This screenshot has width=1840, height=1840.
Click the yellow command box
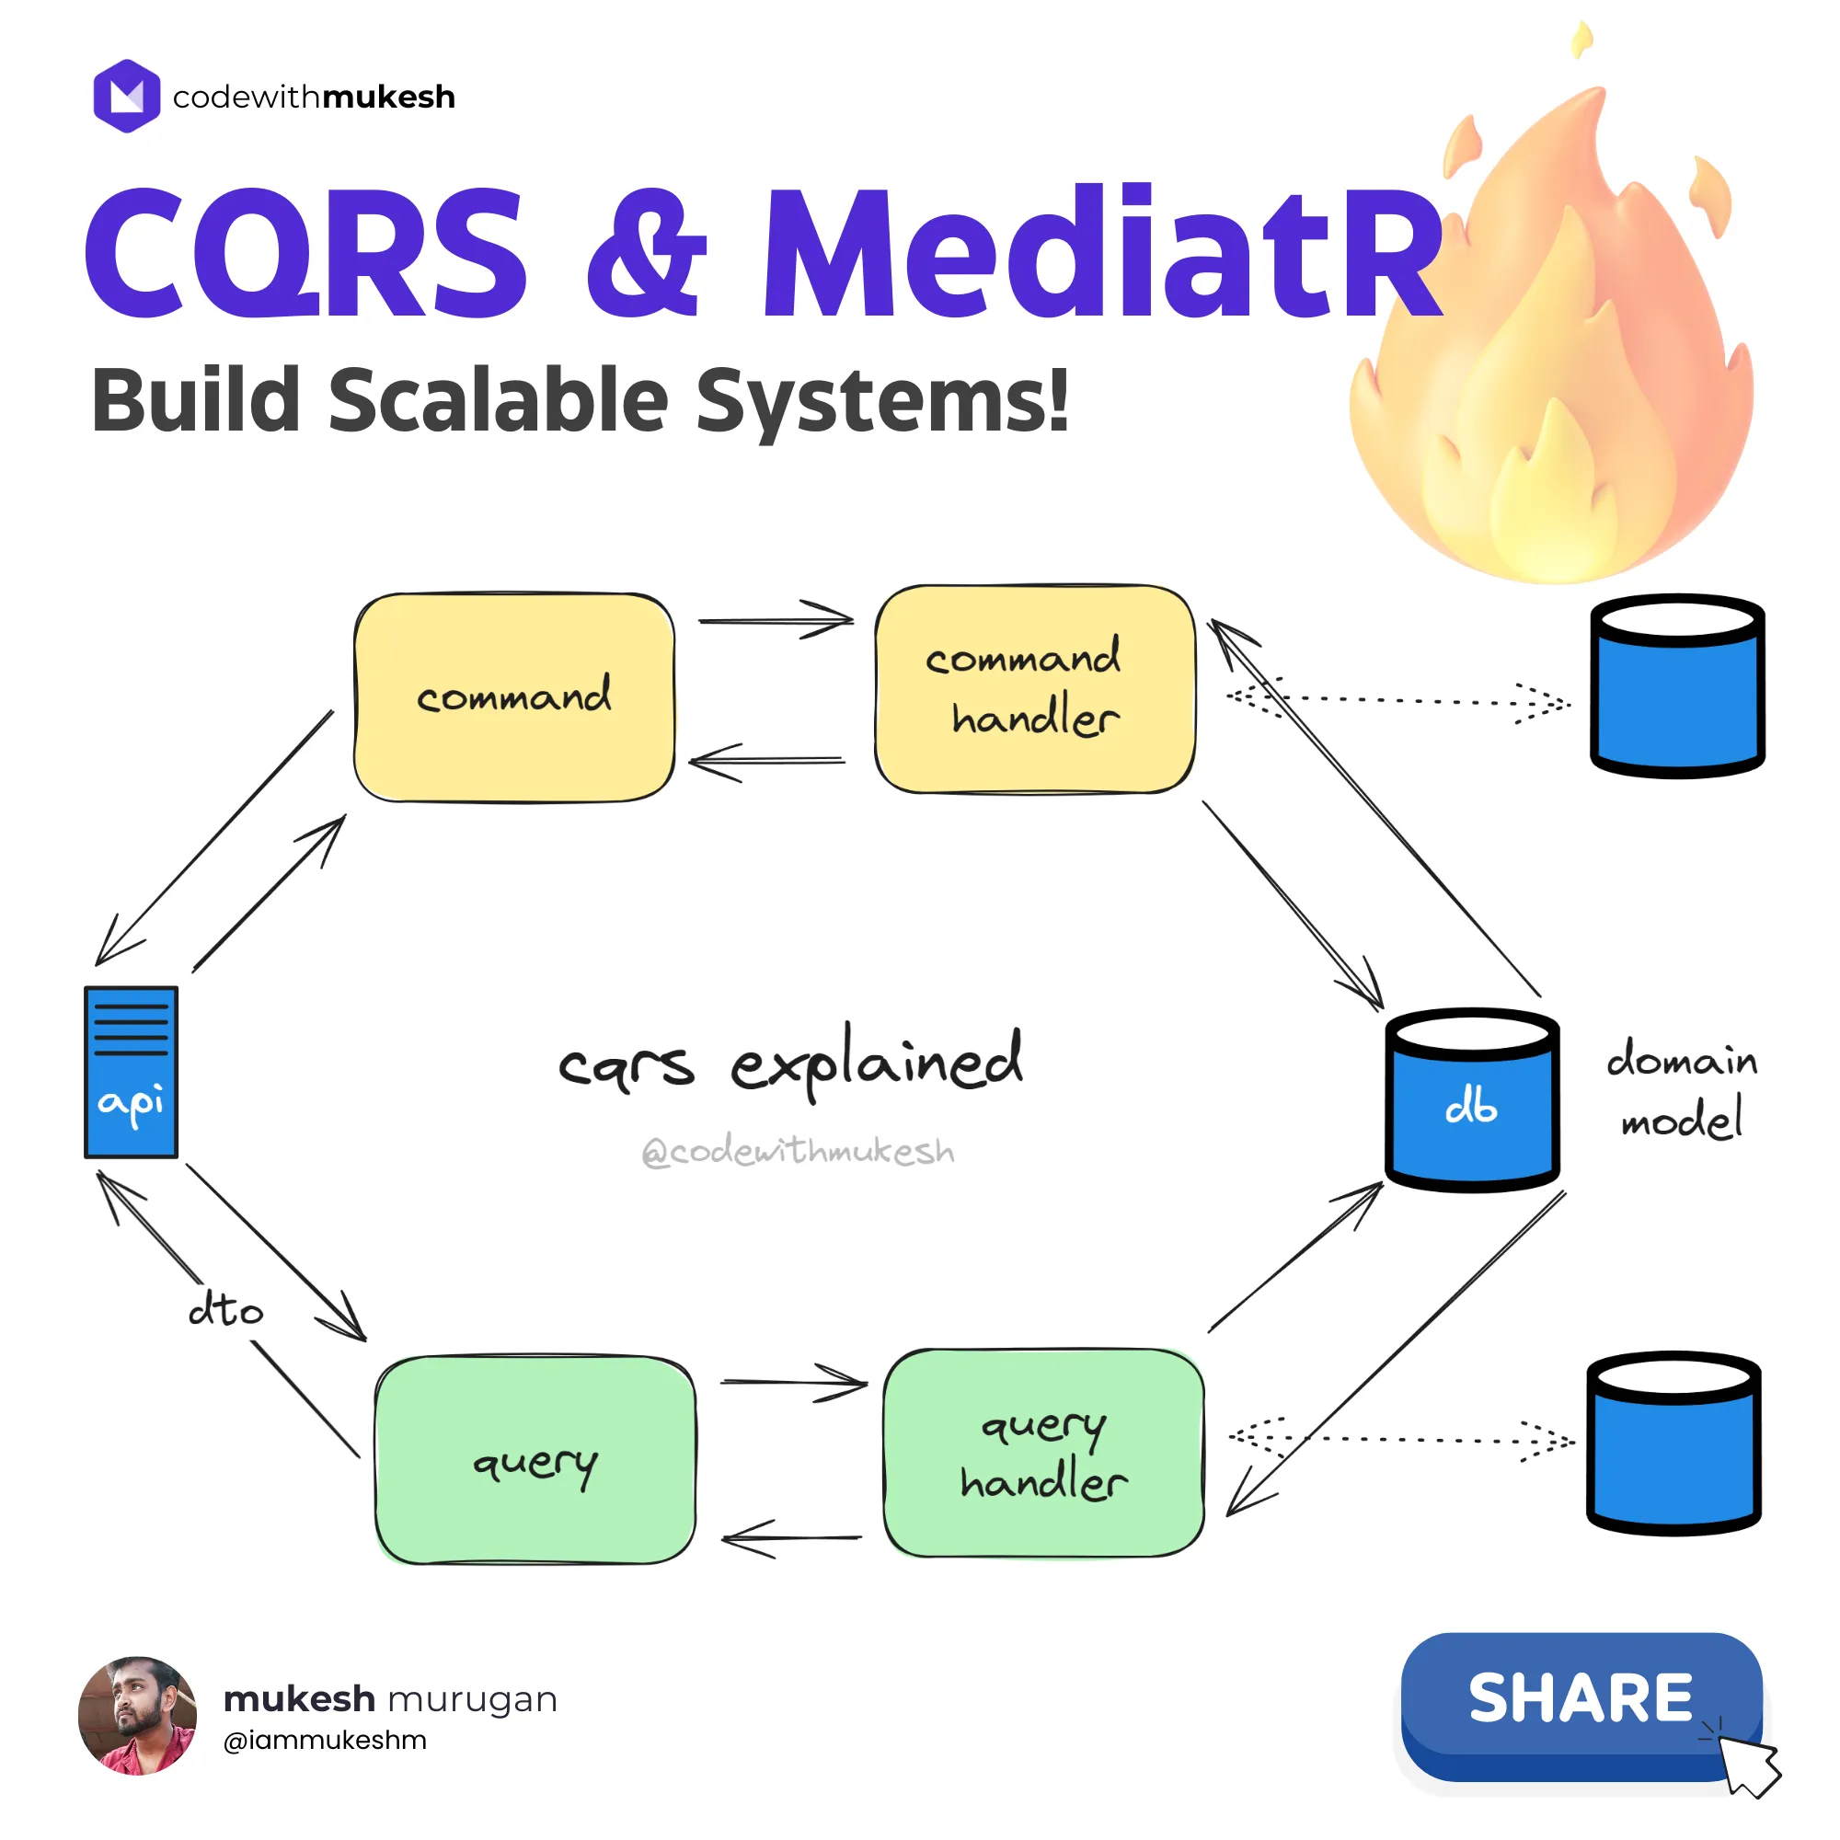coord(514,697)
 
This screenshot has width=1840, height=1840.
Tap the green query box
coord(535,1460)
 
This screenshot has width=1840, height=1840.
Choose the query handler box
coord(1043,1454)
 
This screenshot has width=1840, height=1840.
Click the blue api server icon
coord(132,1073)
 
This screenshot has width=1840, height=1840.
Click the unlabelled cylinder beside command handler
coord(1677,685)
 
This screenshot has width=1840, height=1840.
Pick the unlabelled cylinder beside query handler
coord(1673,1443)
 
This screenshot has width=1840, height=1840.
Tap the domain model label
coord(1681,1088)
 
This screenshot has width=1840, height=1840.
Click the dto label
coord(225,1309)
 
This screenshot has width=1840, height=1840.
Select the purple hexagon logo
coord(127,97)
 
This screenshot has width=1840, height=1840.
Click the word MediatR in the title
coord(1103,252)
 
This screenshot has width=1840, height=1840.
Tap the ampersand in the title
coord(647,252)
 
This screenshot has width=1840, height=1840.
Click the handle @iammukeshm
coord(325,1740)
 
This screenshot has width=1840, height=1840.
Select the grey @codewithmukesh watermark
coord(798,1152)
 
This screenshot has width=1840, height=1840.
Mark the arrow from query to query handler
coord(792,1383)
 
